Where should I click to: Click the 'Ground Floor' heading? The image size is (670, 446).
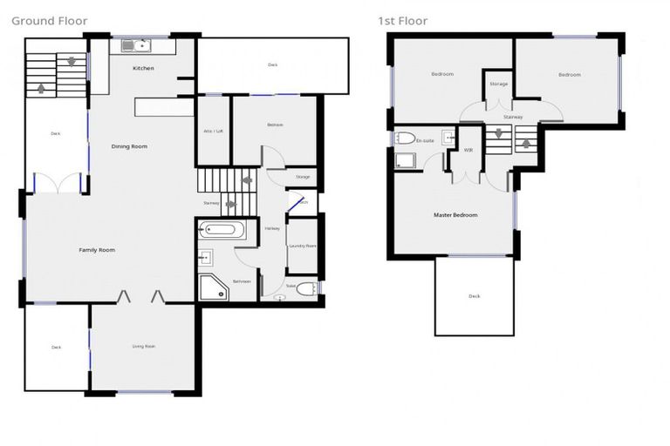coord(50,21)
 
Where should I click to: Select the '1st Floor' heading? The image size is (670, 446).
coord(402,21)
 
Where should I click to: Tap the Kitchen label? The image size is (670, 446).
coord(143,68)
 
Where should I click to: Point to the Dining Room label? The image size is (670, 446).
coord(129,146)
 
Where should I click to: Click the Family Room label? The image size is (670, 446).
coord(97,250)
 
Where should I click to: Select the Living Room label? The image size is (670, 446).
coord(143,347)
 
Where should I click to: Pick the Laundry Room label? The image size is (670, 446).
coord(303,247)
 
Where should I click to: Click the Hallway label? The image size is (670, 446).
coord(271,229)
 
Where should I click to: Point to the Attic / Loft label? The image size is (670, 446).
coord(214,131)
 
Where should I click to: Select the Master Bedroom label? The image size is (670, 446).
coord(455,214)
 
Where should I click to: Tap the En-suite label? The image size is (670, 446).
coord(425,140)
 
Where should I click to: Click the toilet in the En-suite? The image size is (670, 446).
coord(404,138)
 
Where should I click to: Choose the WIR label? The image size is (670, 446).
coord(468,150)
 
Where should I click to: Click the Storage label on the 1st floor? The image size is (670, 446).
coord(498,84)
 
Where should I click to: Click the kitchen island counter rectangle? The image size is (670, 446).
coord(163,106)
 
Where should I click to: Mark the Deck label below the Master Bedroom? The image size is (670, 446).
coord(474,296)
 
